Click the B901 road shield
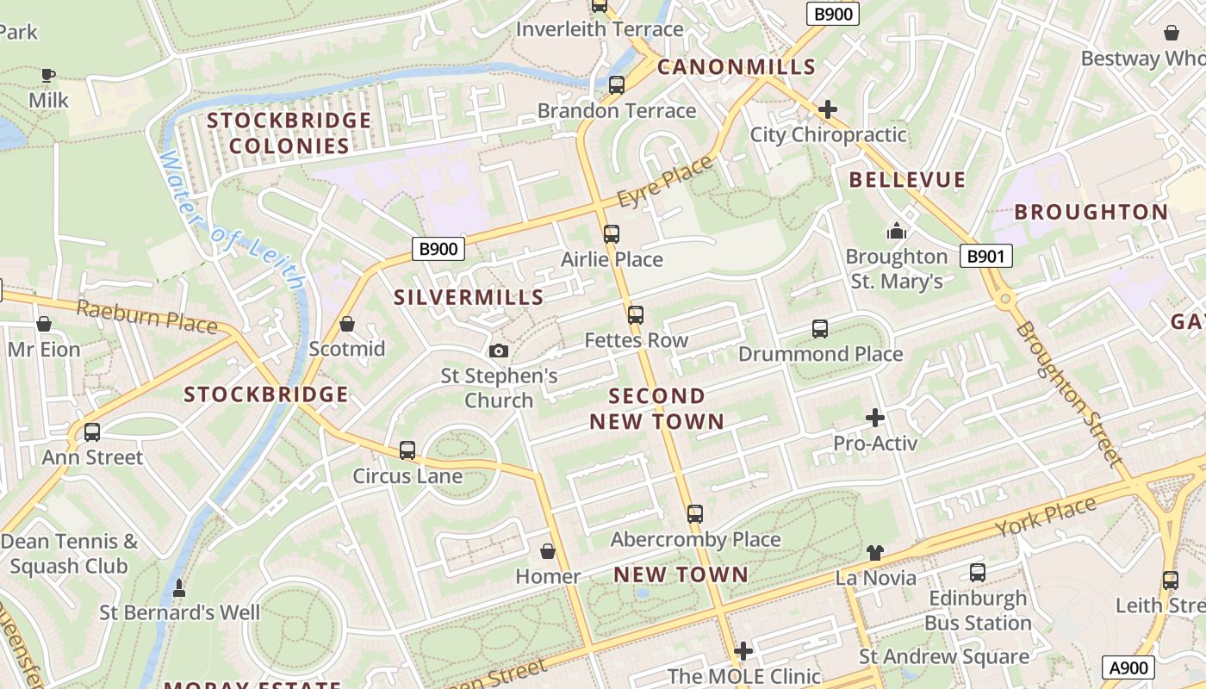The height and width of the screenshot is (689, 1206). coord(986,256)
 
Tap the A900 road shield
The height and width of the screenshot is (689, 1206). coord(1128,667)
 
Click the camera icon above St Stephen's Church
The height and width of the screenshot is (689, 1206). coord(499,351)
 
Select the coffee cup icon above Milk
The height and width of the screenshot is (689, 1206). coord(48,75)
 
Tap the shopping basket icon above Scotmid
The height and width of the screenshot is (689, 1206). coord(347,324)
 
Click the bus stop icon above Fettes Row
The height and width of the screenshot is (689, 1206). coord(636,315)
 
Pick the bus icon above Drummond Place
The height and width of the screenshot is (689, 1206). coord(820,329)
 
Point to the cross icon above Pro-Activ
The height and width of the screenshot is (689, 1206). coord(875,419)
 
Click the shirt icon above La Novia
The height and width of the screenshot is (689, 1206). coord(875,552)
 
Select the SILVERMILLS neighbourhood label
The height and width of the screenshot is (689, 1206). coord(469,298)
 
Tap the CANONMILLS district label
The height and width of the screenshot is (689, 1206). coord(737,67)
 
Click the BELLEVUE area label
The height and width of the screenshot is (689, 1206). coord(907,180)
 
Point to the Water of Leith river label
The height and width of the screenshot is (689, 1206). coord(233,220)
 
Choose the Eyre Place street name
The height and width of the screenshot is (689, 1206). coord(666,182)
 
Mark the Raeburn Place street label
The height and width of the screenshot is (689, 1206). coord(146,316)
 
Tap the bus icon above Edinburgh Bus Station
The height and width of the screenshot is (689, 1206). coord(978,573)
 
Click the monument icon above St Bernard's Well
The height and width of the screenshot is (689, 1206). coord(179,588)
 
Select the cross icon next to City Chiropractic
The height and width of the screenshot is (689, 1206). coord(828,109)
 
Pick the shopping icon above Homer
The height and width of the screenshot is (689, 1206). coord(548,551)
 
